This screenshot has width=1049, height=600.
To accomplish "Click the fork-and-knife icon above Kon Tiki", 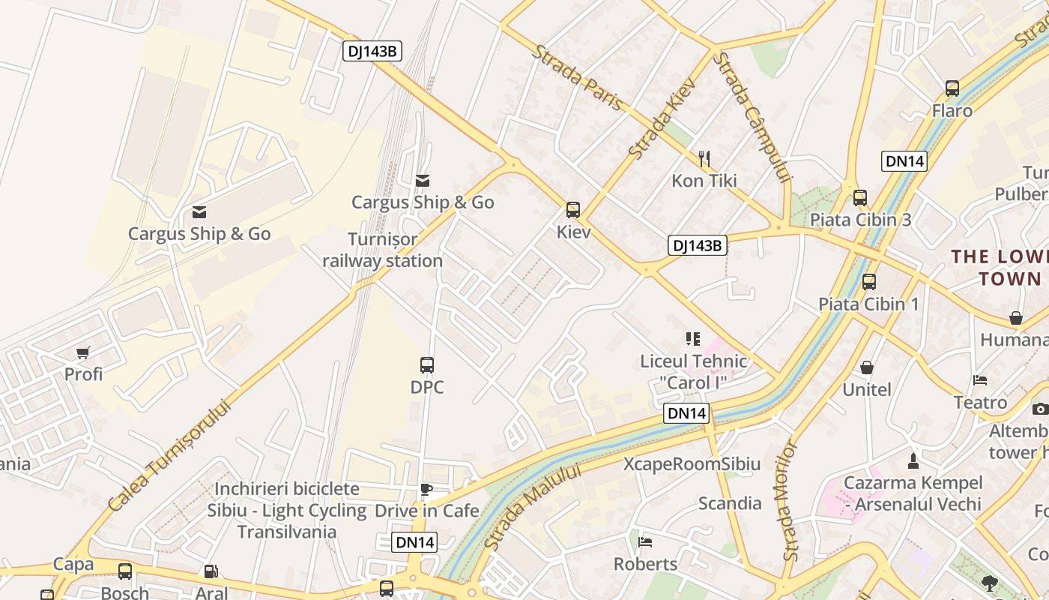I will tap(704, 158).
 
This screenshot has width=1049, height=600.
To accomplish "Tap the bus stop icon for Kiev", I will tap(573, 210).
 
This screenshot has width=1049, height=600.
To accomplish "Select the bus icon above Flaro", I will tap(952, 88).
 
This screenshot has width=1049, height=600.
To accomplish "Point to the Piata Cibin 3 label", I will tap(860, 220).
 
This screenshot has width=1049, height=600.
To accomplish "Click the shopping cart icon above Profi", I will tap(83, 352).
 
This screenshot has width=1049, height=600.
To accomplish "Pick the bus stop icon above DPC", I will tap(427, 365).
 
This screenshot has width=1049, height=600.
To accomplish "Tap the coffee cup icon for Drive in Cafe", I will tap(426, 490).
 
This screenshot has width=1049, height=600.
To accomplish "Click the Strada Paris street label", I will tap(578, 78).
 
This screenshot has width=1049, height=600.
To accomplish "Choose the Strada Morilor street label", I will tap(790, 501).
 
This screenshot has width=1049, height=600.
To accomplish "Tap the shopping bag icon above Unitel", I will tap(867, 367).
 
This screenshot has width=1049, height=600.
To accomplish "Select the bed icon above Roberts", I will tap(645, 541).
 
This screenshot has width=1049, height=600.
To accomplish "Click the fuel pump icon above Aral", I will tap(211, 571).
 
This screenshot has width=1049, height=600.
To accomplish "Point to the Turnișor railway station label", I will tap(383, 250).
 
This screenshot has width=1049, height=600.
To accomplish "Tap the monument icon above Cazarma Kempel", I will tap(913, 460).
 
